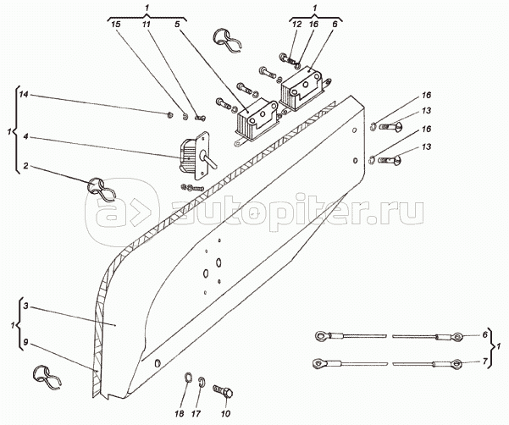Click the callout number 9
coord(27,343)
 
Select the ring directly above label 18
coord(187,377)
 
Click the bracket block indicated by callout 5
coord(253,118)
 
